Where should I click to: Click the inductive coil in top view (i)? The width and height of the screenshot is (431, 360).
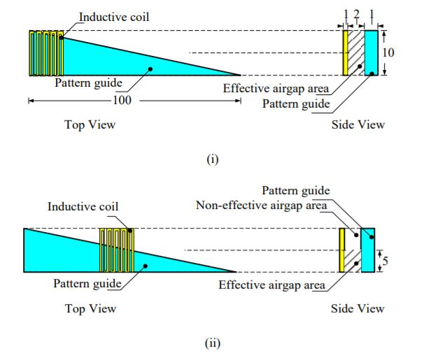point(46,53)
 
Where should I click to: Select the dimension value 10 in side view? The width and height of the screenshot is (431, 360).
point(390,52)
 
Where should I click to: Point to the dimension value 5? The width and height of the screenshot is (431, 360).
point(386,260)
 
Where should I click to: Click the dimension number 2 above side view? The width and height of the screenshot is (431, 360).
point(356,15)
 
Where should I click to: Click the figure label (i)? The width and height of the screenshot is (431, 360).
point(213,159)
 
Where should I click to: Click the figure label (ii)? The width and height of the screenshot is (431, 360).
point(213,343)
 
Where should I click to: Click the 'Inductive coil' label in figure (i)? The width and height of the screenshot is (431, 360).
point(113,15)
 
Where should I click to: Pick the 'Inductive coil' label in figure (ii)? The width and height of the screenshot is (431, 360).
point(83,206)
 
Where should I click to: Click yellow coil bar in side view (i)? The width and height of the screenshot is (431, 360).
point(345,52)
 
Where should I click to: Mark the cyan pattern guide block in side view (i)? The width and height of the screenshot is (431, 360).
point(371,52)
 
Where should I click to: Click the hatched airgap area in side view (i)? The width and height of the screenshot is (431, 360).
point(356,52)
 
